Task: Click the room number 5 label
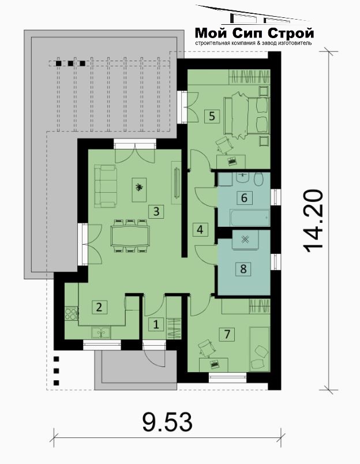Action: click(x=212, y=116)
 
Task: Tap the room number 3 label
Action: click(x=156, y=211)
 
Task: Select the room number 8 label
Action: click(x=243, y=269)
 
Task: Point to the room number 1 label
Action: click(x=156, y=324)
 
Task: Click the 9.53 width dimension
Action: click(x=167, y=422)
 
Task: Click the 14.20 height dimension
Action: click(x=314, y=221)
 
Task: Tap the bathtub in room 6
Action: click(x=250, y=218)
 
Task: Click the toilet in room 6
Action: click(x=259, y=179)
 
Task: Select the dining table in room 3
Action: click(x=130, y=236)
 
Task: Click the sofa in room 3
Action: click(x=106, y=186)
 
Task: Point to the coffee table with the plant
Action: click(x=139, y=190)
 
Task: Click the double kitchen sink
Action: click(x=101, y=332)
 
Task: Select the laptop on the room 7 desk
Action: click(x=214, y=364)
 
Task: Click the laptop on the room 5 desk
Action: click(x=231, y=161)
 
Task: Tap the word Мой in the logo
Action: click(x=211, y=32)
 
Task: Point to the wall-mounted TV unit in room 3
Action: click(x=177, y=182)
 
